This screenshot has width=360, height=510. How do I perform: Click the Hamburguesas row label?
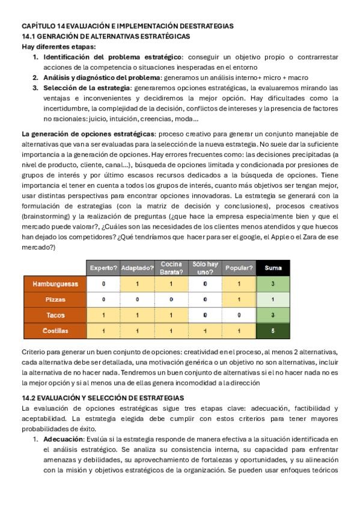[55, 284]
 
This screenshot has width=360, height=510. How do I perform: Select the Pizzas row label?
[55, 300]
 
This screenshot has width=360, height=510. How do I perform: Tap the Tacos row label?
[55, 315]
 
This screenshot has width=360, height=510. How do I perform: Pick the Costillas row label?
[55, 331]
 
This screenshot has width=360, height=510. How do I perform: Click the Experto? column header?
[103, 268]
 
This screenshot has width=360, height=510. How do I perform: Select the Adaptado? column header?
[137, 268]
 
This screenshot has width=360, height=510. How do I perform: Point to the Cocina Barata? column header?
[171, 268]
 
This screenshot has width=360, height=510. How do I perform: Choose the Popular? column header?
[239, 268]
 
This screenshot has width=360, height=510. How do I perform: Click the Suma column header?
[273, 268]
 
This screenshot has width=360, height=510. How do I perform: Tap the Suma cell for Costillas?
[273, 331]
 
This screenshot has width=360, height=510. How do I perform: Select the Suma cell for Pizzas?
[273, 300]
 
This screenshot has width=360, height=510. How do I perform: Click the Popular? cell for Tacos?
[239, 315]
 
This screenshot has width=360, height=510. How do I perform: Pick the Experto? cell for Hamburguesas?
[103, 284]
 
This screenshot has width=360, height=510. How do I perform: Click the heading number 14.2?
[30, 398]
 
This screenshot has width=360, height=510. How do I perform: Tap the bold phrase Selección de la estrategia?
[85, 88]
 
